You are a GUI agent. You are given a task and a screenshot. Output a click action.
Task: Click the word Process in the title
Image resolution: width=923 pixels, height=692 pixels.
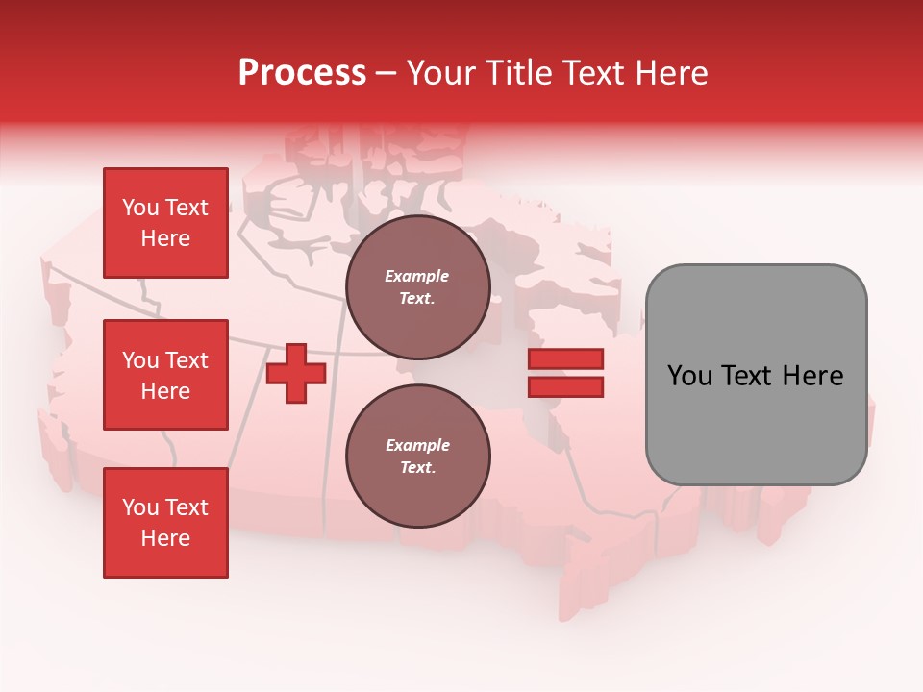(x=302, y=73)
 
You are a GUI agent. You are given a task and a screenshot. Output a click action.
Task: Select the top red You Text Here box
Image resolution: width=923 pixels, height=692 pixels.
(x=165, y=223)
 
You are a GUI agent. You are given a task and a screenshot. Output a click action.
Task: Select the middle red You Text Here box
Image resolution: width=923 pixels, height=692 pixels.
(x=165, y=375)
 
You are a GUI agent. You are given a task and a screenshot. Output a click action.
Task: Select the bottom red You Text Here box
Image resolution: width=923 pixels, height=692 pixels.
(x=165, y=523)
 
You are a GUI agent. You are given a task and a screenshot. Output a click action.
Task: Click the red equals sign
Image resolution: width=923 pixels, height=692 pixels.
(x=565, y=373)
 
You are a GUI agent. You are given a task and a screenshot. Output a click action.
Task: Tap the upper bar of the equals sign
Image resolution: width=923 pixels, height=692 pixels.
(x=565, y=359)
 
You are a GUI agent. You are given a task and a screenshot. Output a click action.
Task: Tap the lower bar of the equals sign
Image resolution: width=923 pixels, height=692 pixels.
(x=565, y=387)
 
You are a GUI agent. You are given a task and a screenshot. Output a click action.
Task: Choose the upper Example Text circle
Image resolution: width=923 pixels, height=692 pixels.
(x=417, y=287)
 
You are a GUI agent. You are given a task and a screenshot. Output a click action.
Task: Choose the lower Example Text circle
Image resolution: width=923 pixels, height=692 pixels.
(x=417, y=457)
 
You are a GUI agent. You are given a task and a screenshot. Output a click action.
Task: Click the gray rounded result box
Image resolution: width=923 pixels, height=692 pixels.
(x=756, y=375)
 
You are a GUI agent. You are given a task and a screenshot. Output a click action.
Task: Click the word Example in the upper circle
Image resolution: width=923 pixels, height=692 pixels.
(x=417, y=277)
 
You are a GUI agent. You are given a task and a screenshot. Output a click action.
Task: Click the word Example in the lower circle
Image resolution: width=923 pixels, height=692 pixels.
(x=417, y=446)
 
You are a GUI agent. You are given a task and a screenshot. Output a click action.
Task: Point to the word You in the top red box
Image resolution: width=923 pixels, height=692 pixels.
(x=140, y=209)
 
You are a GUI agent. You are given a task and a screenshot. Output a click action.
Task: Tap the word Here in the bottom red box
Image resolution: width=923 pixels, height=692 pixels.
(x=165, y=538)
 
